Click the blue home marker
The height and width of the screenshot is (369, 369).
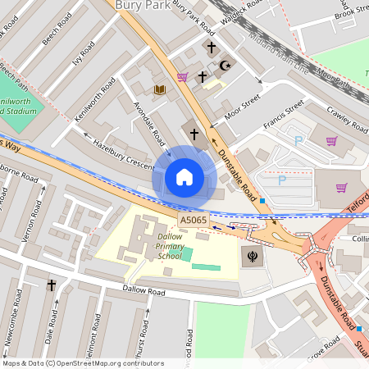point(184,177)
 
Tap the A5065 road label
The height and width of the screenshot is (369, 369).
point(194,220)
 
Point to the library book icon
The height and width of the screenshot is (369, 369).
point(159,89)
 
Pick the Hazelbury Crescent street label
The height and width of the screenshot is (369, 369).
point(123,154)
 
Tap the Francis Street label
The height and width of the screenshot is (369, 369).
point(284,115)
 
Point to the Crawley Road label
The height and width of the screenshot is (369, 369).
point(348,117)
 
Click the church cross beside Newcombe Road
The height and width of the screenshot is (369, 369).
point(51,285)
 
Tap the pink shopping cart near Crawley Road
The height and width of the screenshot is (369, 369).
point(331,141)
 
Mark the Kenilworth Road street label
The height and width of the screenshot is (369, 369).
point(94,102)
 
